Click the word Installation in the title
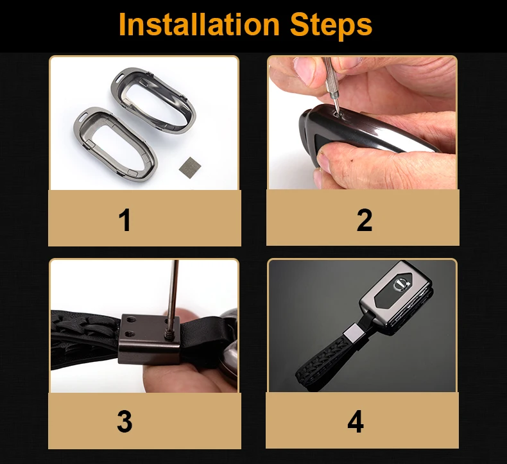pos(199,24)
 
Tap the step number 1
pos(125,220)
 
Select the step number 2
pos(365,220)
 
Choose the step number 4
pos(356,422)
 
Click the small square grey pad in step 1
pos(190,166)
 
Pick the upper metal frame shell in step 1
pos(153,99)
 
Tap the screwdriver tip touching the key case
pos(338,113)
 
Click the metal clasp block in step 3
pos(149,339)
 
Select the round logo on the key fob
pos(401,284)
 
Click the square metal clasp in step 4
pos(353,334)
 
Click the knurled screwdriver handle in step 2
pos(330,77)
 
